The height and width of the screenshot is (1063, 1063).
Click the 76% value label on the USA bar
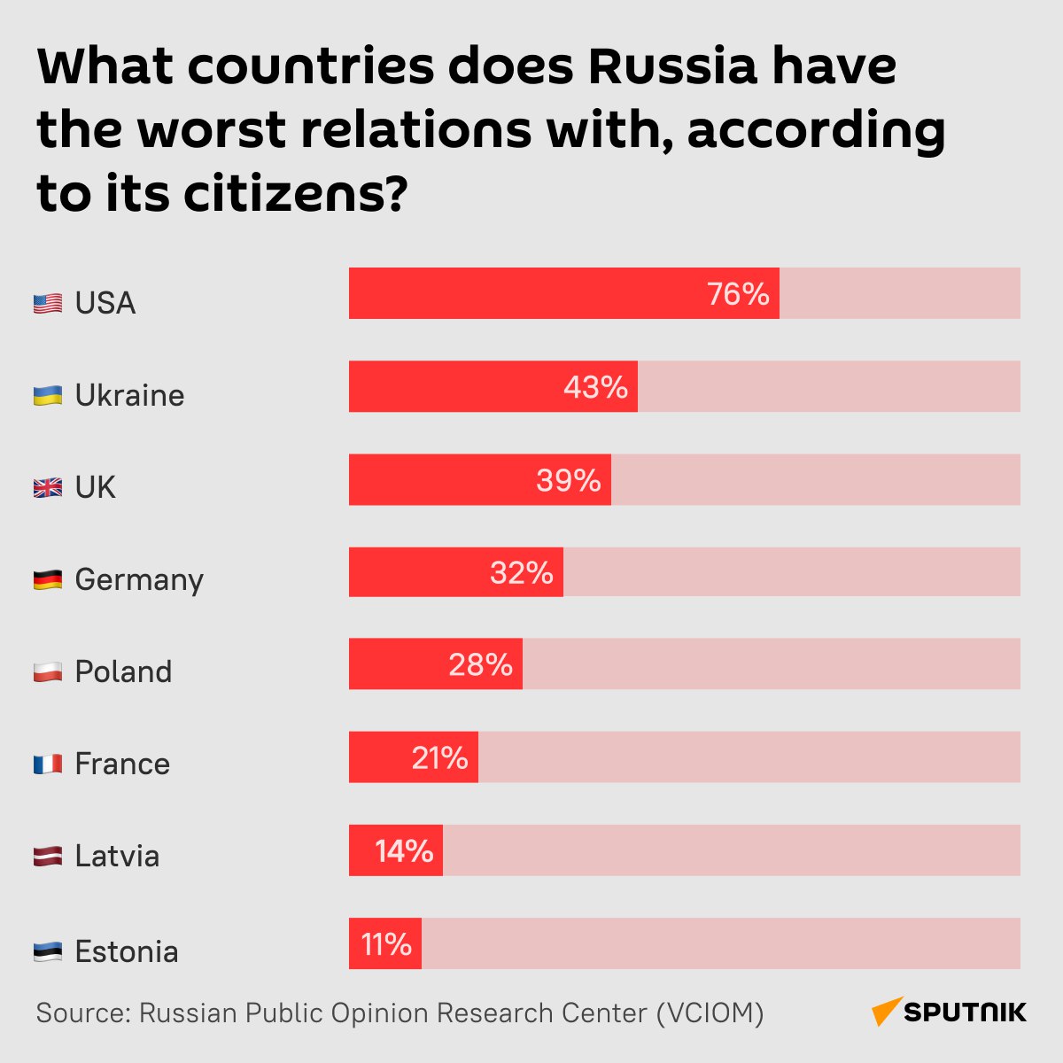pos(738,294)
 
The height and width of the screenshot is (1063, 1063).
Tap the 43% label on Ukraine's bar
pos(595,387)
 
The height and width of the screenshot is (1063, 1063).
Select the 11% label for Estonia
pos(386,944)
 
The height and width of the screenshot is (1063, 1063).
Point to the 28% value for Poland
pos(480,664)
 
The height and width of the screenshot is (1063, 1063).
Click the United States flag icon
pos(48,304)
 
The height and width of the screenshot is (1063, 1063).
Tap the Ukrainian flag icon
pos(48,396)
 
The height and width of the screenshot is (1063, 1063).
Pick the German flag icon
pos(48,580)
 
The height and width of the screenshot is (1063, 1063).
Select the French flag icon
pos(48,764)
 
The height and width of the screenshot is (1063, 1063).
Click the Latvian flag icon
pos(48,857)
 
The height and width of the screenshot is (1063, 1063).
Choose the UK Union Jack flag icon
pos(48,488)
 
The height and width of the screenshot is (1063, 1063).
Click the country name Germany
pos(139,580)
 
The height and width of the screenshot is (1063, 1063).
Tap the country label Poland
pos(123,672)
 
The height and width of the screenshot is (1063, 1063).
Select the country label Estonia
pos(127,952)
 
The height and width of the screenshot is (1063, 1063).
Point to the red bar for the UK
pos(443,480)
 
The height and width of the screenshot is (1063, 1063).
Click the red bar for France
pos(381,757)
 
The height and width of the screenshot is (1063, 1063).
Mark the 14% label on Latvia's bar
pos(404,851)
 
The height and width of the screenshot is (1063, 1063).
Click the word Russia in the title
pos(672,66)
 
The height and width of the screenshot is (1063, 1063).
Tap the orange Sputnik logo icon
pos(887,1012)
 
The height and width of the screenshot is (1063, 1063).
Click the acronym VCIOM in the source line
pos(710,1013)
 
